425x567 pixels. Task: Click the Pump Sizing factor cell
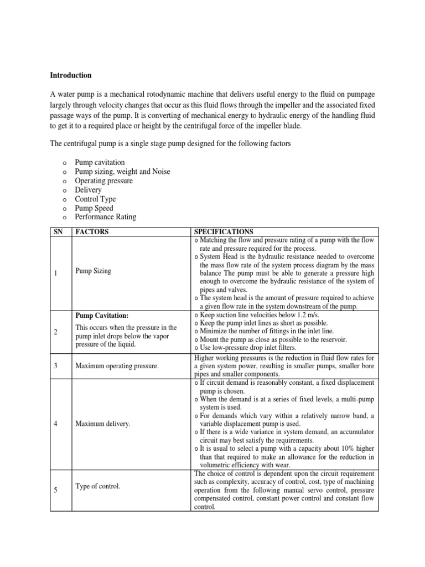(x=93, y=271)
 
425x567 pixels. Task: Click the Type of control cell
(x=97, y=486)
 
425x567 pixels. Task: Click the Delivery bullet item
(x=89, y=190)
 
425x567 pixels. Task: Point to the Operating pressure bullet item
(x=104, y=181)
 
